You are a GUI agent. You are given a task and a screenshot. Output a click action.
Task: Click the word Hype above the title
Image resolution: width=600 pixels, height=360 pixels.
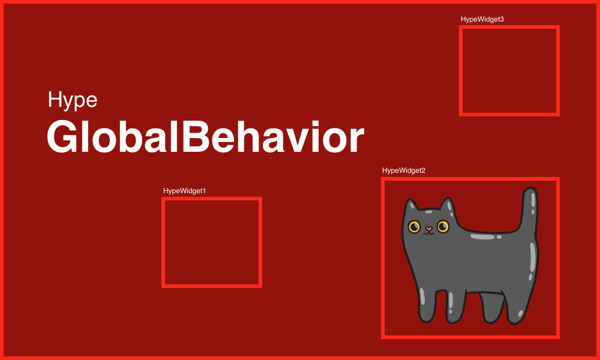coord(73,101)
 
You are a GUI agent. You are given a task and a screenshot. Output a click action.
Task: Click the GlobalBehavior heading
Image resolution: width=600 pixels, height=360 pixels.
coord(205,137)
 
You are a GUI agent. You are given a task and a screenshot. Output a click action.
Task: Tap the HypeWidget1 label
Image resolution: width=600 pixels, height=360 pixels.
coord(184,191)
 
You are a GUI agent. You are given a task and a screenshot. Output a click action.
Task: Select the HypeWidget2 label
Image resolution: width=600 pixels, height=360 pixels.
coord(404,170)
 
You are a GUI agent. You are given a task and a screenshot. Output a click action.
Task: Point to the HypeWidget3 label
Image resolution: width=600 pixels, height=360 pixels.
coord(482,19)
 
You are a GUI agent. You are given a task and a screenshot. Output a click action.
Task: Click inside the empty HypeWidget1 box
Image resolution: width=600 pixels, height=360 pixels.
coord(212,242)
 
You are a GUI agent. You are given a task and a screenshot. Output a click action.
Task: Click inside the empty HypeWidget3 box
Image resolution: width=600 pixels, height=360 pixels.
coord(509,71)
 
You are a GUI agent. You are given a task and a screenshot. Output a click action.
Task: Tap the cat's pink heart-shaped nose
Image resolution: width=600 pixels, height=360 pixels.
coord(429,229)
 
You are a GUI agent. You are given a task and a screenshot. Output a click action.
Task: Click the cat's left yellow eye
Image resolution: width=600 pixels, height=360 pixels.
coord(414,226)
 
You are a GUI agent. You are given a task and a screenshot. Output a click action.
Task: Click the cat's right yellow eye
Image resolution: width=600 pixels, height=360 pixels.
coord(443,226)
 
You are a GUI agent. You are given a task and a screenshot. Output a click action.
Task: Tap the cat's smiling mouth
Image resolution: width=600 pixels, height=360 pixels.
coord(429,233)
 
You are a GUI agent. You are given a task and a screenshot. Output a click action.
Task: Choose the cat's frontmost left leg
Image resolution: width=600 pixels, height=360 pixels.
coord(427,306)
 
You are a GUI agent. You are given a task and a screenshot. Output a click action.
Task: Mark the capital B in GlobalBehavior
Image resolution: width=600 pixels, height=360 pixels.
coord(196,137)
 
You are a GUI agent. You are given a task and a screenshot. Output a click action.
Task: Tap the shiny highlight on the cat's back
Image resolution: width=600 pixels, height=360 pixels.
coord(483,237)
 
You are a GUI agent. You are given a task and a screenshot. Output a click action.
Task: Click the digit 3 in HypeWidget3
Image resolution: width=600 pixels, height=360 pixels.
coord(502,19)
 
